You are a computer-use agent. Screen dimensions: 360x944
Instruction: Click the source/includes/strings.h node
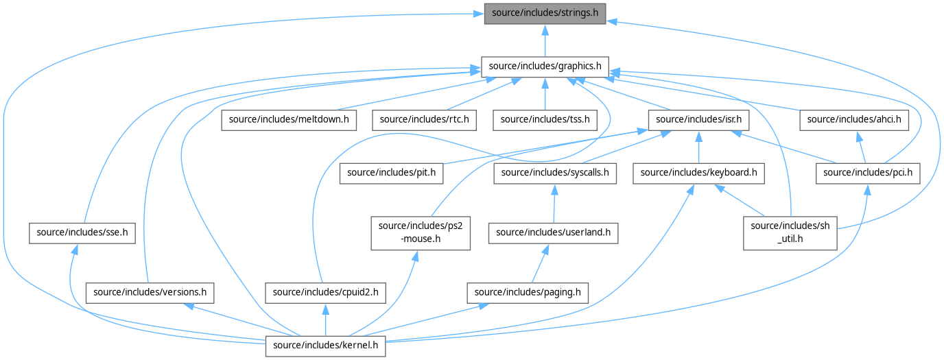[545, 14]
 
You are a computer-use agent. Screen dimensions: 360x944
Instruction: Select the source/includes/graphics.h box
[545, 67]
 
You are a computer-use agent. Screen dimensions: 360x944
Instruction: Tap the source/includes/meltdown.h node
[289, 119]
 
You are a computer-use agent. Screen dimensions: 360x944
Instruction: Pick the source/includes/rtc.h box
[424, 119]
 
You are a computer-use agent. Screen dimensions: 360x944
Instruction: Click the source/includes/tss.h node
[545, 119]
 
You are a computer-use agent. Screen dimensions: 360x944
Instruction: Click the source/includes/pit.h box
[391, 173]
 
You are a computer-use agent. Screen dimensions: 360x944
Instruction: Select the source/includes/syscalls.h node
[555, 173]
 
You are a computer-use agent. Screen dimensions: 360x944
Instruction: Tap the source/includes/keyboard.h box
[698, 173]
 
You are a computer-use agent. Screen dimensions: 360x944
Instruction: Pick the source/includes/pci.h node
[868, 173]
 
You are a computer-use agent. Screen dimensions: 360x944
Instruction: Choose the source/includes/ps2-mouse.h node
[411, 232]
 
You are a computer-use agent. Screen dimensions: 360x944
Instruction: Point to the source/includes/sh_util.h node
[790, 232]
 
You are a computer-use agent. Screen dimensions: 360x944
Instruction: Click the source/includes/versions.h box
[150, 293]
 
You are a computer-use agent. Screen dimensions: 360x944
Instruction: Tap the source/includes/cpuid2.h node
[325, 293]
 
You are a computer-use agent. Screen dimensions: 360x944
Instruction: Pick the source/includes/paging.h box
[528, 293]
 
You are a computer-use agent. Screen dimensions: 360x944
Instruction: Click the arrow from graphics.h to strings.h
[545, 41]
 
